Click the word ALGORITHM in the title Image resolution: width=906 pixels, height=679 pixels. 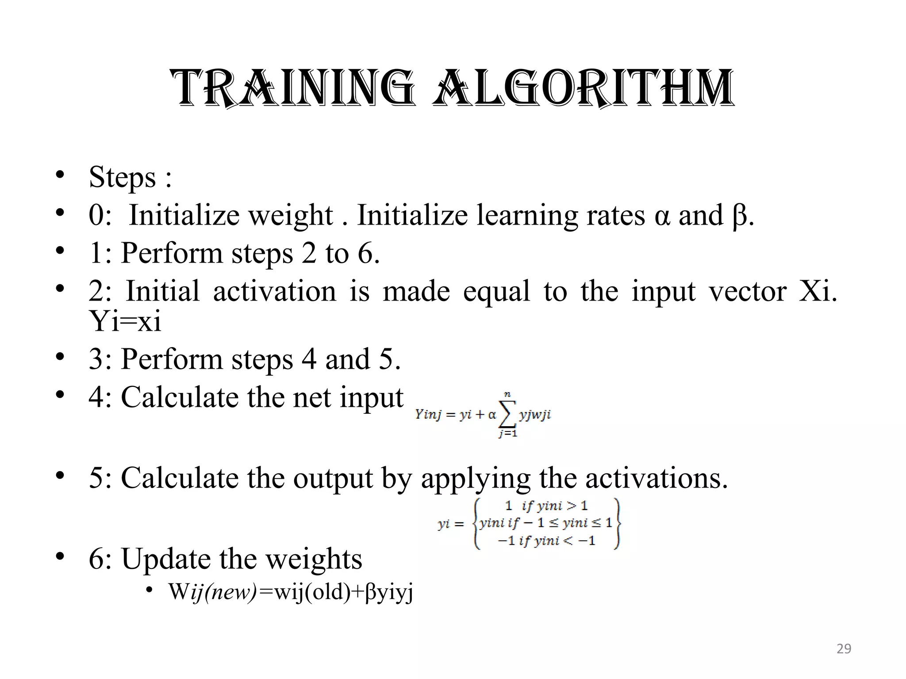(584, 88)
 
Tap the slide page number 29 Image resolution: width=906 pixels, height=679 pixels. (844, 648)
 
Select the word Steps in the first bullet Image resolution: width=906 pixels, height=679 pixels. (123, 177)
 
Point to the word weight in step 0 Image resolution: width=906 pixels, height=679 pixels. (290, 216)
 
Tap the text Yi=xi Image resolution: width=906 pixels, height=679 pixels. (125, 321)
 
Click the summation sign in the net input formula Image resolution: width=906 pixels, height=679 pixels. (507, 414)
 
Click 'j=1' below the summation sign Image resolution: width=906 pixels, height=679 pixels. (508, 434)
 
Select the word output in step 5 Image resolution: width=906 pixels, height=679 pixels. (333, 478)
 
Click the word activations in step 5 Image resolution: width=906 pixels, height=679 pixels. (656, 478)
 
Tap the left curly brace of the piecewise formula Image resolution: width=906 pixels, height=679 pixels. (476, 524)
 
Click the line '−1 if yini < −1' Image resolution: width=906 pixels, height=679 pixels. (547, 541)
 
